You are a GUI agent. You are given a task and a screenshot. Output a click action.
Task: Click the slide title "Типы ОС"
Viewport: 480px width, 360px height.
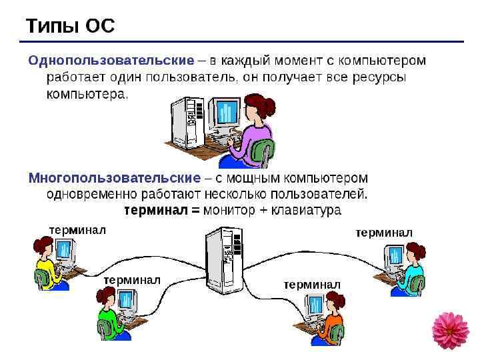pyautogui.click(x=70, y=26)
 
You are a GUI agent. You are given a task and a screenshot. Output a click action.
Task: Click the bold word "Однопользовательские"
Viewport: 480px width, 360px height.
pyautogui.click(x=111, y=61)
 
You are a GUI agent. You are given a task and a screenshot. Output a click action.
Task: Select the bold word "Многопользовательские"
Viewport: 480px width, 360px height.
pyautogui.click(x=114, y=179)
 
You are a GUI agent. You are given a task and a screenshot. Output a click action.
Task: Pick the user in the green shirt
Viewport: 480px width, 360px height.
pyautogui.click(x=107, y=316)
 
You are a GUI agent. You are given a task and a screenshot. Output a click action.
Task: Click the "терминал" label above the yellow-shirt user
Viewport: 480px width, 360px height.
pyautogui.click(x=77, y=230)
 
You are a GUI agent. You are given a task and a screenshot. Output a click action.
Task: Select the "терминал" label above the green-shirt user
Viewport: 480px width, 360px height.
pyautogui.click(x=132, y=280)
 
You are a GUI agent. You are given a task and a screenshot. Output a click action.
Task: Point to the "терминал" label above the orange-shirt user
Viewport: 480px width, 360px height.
pyautogui.click(x=312, y=285)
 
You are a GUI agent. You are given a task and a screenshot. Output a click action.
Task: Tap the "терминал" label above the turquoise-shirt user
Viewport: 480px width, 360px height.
pyautogui.click(x=384, y=232)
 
